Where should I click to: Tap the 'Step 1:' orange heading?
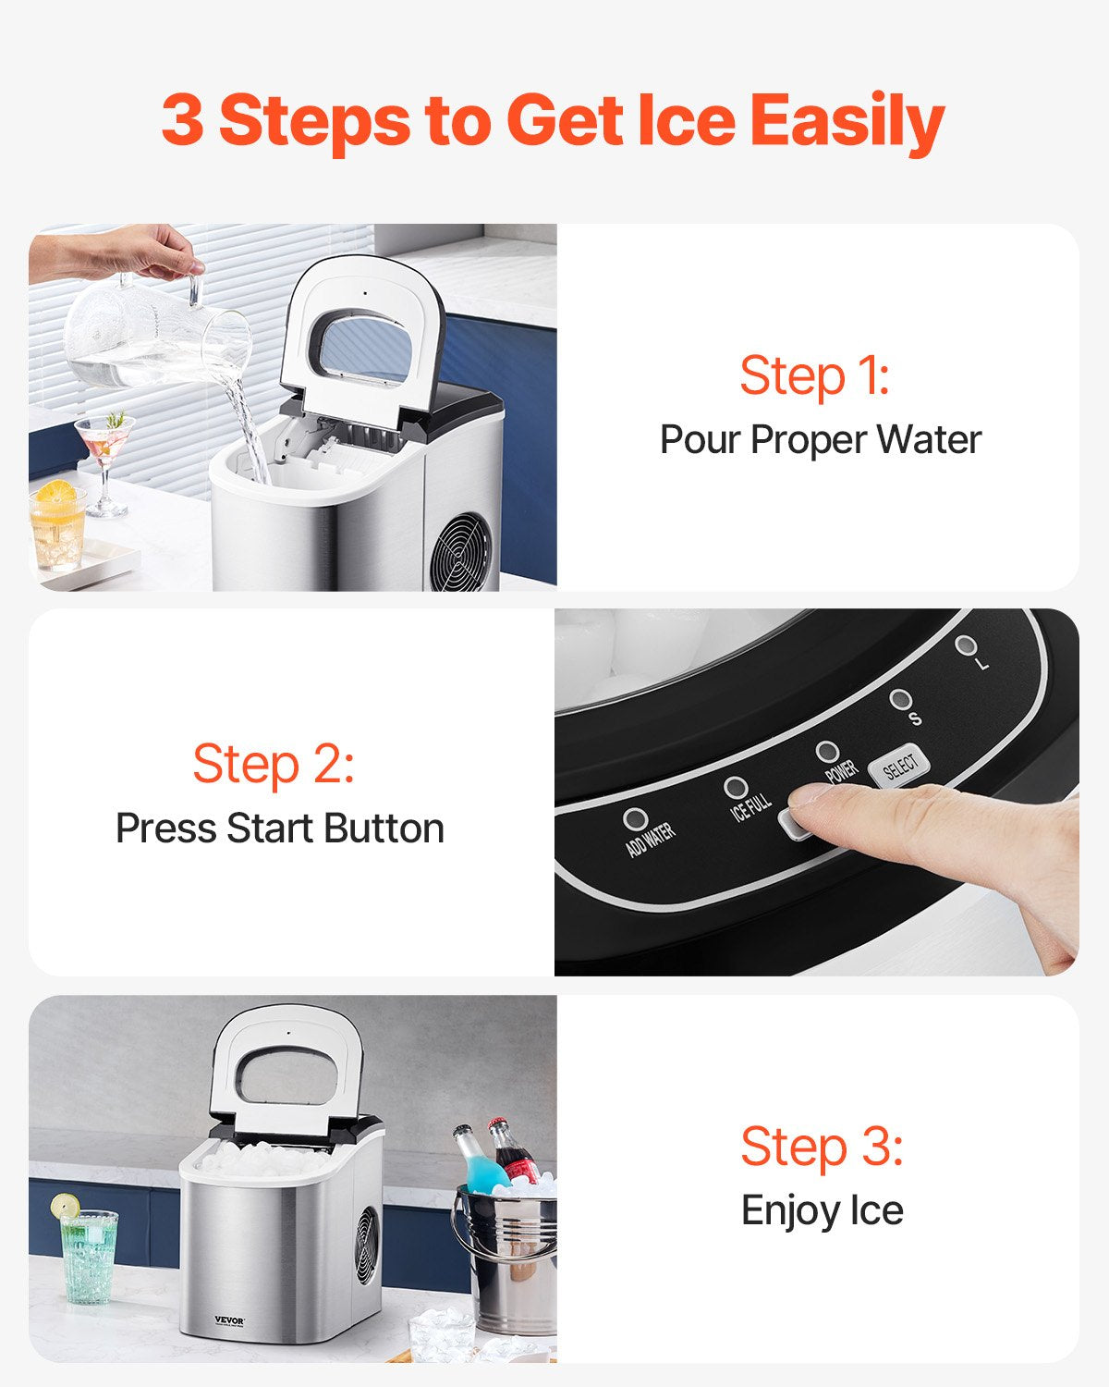pos(813,376)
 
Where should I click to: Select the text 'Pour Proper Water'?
pos(820,439)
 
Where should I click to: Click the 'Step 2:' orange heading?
pos(273,765)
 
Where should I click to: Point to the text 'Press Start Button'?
pos(279,829)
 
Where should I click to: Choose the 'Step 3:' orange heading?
pos(821,1147)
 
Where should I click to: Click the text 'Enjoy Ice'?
pos(822,1210)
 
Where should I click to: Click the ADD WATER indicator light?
pos(635,819)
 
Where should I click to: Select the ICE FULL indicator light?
pos(736,787)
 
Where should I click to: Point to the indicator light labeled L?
pos(966,644)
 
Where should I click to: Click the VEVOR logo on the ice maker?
pos(229,1320)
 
